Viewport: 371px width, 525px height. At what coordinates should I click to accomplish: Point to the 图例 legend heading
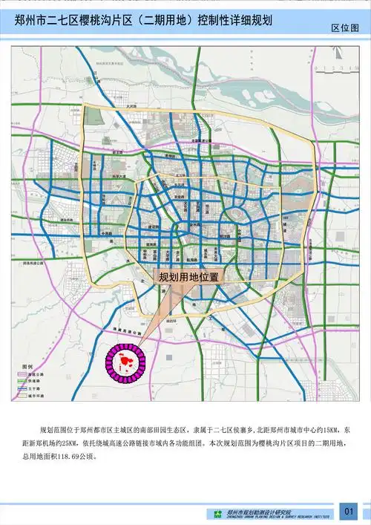click(27, 368)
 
